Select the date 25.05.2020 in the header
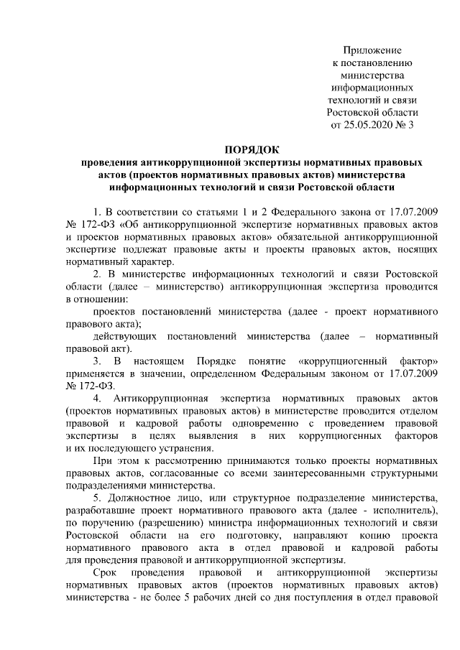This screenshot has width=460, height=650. pyautogui.click(x=375, y=126)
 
